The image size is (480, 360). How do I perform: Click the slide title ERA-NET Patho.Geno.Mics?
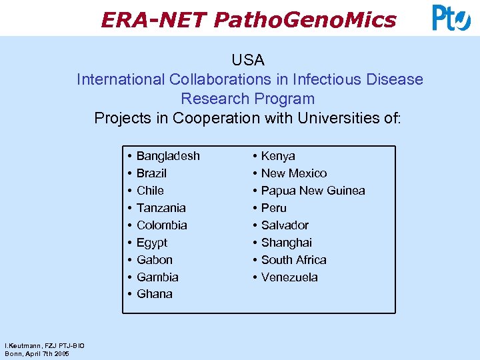click(248, 20)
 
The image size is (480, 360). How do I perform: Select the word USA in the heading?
click(248, 60)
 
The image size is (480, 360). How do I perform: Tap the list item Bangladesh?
click(168, 156)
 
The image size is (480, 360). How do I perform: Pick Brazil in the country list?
click(151, 173)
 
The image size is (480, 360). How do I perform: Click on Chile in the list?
click(150, 191)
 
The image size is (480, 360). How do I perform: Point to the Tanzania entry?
click(161, 208)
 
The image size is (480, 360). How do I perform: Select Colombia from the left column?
click(161, 225)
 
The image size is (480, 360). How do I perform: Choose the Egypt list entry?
click(152, 243)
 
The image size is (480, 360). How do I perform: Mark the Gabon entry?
click(154, 260)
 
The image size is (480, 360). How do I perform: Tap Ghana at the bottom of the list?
click(154, 294)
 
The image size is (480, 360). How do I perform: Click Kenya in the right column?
click(278, 156)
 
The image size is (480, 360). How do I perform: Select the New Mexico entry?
click(294, 173)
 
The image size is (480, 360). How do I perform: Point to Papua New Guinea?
click(313, 191)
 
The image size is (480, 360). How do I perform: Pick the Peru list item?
click(273, 208)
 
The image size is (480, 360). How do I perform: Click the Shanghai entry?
click(286, 243)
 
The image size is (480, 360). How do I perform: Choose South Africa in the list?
click(293, 260)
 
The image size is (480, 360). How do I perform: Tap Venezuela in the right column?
click(289, 277)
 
